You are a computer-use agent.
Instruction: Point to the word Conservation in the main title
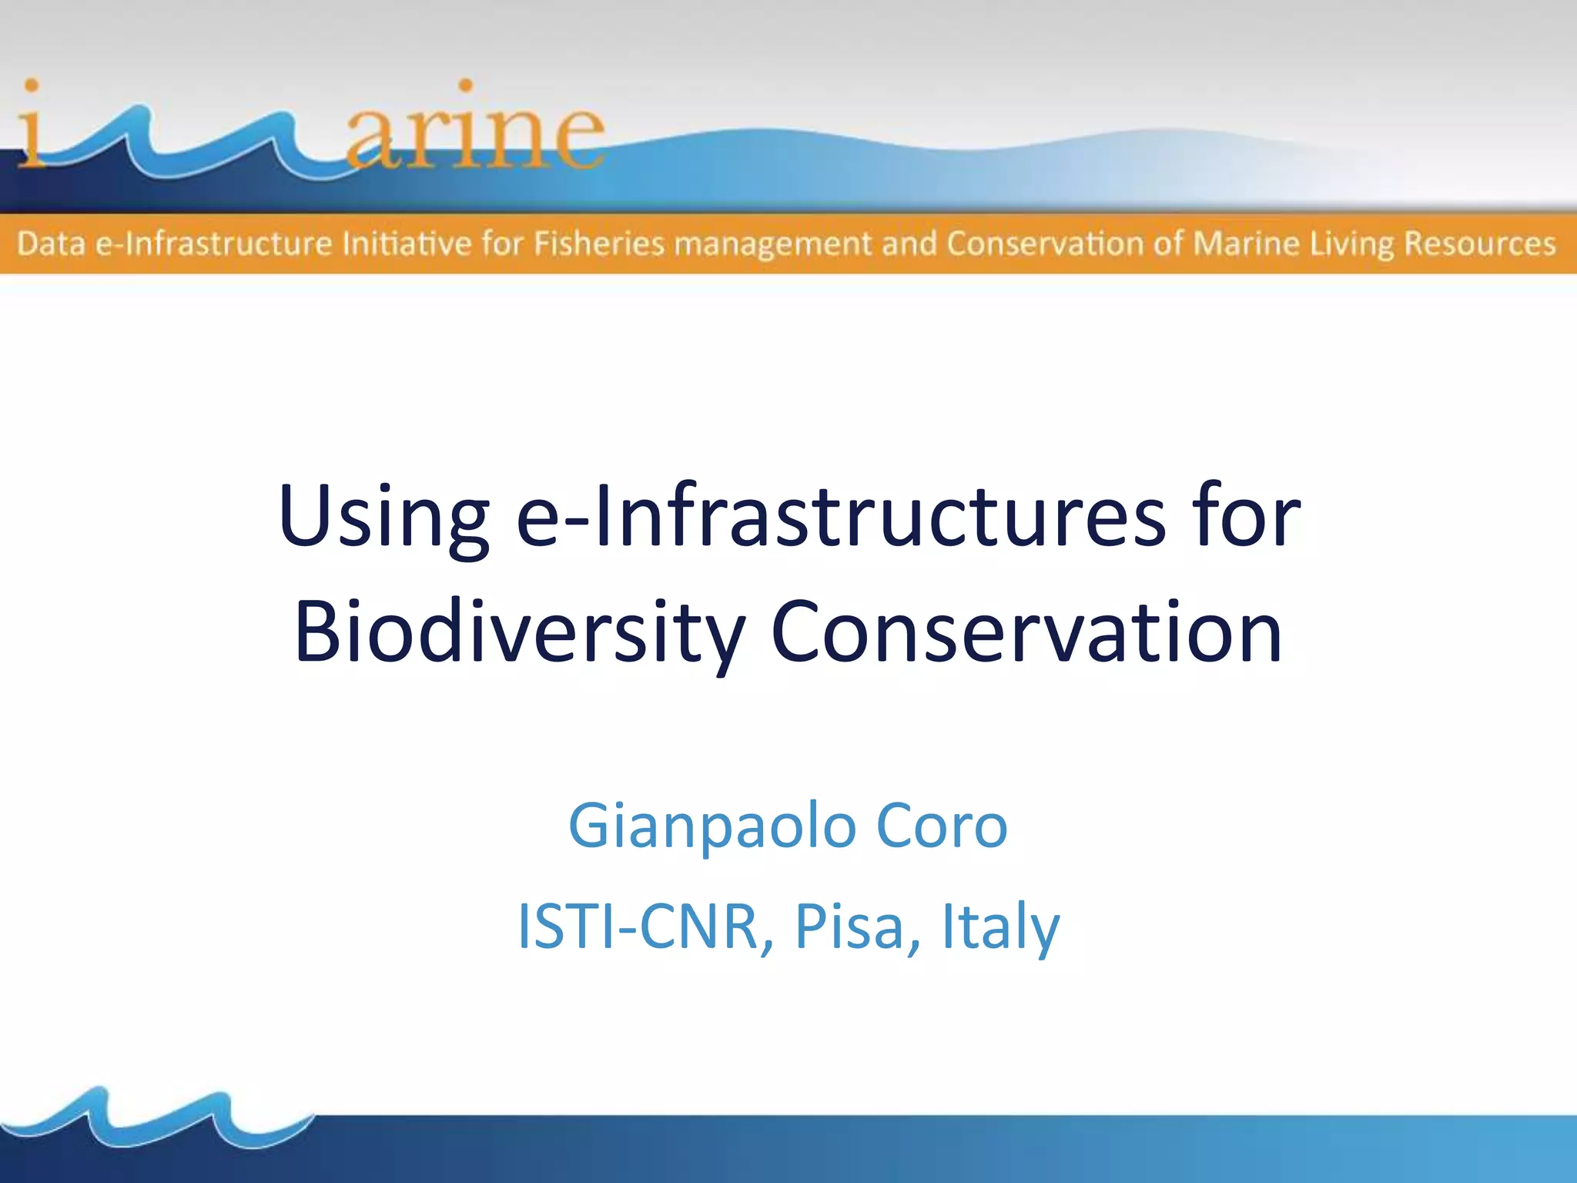pyautogui.click(x=1026, y=632)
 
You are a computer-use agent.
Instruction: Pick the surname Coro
pyautogui.click(x=941, y=826)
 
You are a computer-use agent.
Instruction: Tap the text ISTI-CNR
pyautogui.click(x=638, y=926)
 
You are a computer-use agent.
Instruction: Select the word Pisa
pyautogui.click(x=848, y=926)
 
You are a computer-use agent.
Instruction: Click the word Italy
pyautogui.click(x=1000, y=927)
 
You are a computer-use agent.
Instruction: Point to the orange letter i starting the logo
pyautogui.click(x=31, y=123)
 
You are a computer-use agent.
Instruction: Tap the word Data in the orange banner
pyautogui.click(x=50, y=244)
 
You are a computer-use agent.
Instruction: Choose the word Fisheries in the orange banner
pyautogui.click(x=598, y=244)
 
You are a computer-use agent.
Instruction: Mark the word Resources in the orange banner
pyautogui.click(x=1479, y=244)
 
